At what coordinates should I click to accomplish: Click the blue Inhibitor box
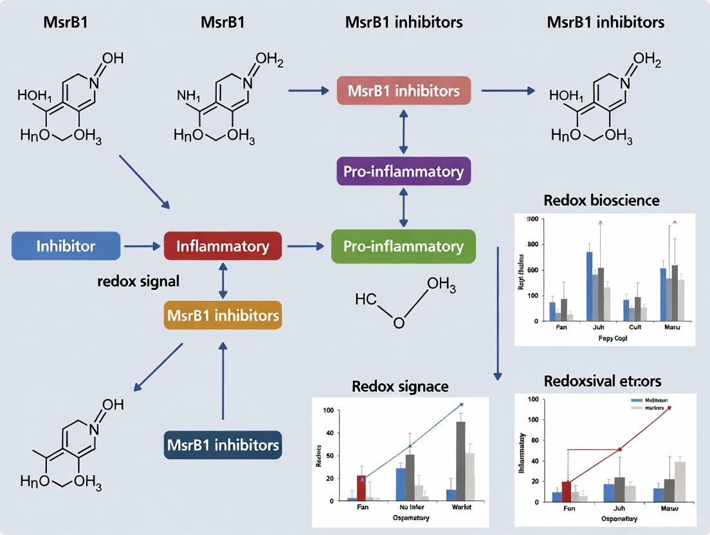66,246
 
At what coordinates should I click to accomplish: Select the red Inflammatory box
223,246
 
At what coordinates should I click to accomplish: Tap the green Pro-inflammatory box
403,246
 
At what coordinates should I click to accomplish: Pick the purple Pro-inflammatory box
403,172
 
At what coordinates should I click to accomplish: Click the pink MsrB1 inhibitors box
403,91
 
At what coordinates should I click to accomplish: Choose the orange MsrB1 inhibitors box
223,316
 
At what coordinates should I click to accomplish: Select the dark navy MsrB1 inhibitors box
223,445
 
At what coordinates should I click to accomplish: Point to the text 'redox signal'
138,281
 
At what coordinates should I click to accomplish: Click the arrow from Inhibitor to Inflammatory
141,246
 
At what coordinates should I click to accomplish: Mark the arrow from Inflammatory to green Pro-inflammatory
305,246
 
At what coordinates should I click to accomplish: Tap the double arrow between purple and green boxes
403,208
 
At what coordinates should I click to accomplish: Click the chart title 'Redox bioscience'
601,200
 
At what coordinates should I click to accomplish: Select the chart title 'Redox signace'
400,386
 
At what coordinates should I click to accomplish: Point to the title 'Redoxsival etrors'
602,381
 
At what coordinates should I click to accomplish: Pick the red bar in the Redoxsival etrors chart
566,491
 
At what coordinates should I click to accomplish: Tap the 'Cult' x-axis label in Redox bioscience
635,327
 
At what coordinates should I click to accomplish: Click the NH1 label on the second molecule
189,96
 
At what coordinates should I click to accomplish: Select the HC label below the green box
365,299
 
